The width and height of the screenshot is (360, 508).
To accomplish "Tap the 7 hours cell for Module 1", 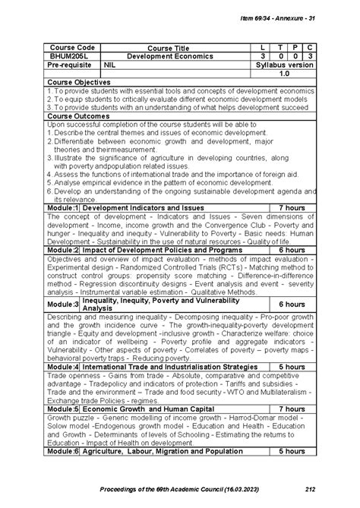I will point(292,207).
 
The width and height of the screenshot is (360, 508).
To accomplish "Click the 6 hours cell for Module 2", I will point(292,249).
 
